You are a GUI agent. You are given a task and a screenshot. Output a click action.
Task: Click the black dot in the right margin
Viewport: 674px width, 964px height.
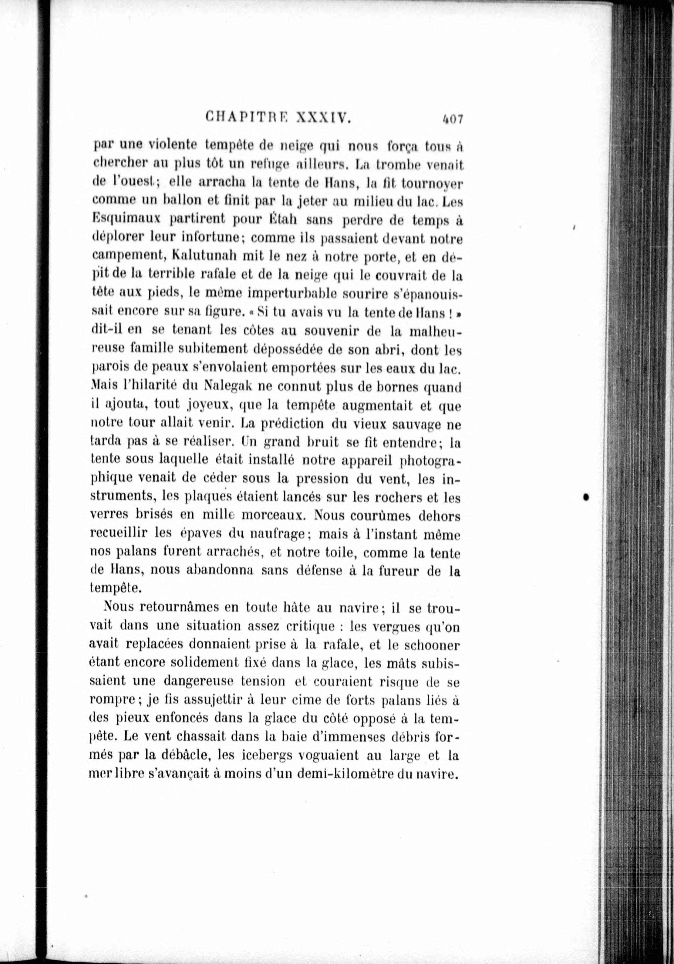[585, 497]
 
